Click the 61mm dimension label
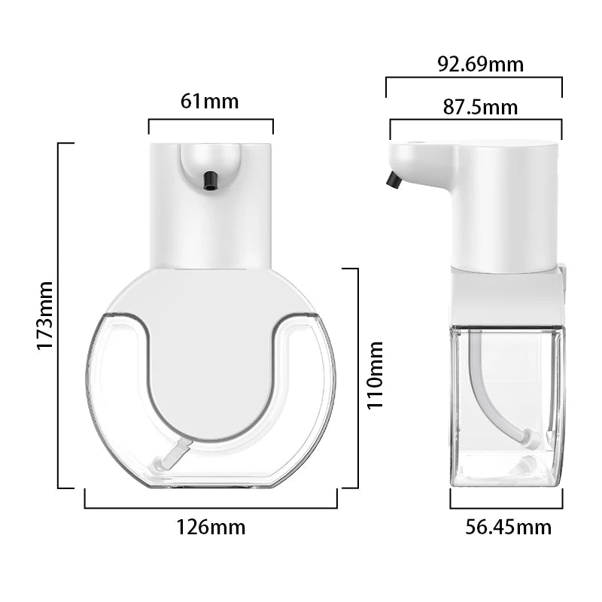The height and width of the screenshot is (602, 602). click(210, 101)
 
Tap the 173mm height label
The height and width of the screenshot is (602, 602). click(45, 315)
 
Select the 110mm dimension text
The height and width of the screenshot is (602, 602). click(375, 374)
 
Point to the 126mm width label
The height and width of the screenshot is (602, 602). click(211, 527)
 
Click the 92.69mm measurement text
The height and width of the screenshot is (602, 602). click(481, 64)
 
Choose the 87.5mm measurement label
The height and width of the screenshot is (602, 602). click(480, 107)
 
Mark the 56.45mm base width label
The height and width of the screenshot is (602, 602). click(508, 527)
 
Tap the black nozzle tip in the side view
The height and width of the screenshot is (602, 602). click(392, 180)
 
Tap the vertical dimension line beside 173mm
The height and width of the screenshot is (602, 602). click(59, 315)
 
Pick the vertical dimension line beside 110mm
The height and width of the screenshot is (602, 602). click(356, 376)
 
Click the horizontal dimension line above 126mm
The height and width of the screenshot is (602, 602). click(211, 508)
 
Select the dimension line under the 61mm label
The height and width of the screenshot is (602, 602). click(211, 119)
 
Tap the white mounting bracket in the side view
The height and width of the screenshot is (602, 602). click(508, 295)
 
